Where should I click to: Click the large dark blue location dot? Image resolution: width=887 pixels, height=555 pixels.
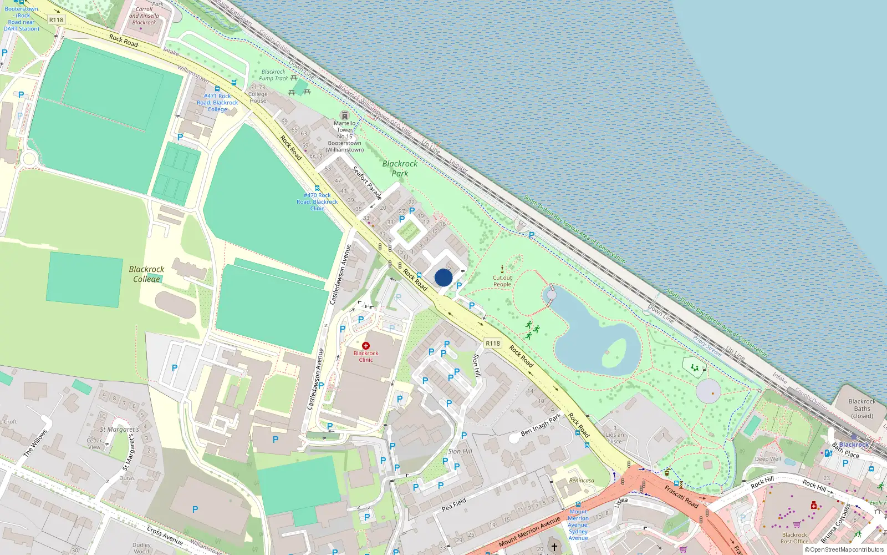click(443, 277)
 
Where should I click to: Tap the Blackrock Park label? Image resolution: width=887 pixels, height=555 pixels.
click(400, 169)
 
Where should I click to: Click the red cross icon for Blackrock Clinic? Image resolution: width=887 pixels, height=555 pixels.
click(366, 346)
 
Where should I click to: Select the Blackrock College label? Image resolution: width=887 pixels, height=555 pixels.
click(146, 274)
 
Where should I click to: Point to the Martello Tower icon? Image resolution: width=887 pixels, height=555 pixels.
click(345, 115)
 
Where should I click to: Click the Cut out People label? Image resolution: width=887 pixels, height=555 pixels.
click(502, 281)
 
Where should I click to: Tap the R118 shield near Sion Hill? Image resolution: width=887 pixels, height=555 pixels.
click(493, 344)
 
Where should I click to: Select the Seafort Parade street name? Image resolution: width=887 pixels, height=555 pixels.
click(368, 183)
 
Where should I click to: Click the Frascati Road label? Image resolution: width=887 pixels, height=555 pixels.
click(681, 497)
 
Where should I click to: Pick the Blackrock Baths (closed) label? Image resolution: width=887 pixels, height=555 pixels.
click(862, 408)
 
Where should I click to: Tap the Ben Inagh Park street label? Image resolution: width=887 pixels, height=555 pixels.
click(541, 425)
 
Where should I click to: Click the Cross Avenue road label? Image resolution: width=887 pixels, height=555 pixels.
click(165, 535)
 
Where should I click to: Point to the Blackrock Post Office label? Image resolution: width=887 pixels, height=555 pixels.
click(794, 538)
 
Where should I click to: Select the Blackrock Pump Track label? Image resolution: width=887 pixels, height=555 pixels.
click(274, 75)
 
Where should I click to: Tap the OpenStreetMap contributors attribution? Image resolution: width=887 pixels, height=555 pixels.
click(844, 550)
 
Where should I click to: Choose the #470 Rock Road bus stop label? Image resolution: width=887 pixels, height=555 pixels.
click(317, 201)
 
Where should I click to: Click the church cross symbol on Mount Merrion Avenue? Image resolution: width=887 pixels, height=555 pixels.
click(554, 547)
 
